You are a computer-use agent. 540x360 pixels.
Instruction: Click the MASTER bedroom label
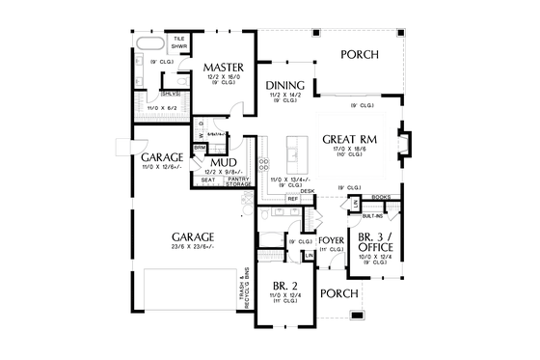(223, 67)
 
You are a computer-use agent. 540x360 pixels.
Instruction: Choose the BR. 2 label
(284, 287)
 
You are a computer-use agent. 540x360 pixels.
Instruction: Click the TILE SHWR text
(179, 42)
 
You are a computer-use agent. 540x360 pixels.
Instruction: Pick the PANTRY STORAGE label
(238, 180)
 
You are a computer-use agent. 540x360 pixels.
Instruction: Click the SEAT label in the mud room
(208, 180)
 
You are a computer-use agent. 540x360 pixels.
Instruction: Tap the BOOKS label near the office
(381, 197)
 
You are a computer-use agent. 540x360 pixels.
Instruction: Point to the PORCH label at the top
(360, 54)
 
